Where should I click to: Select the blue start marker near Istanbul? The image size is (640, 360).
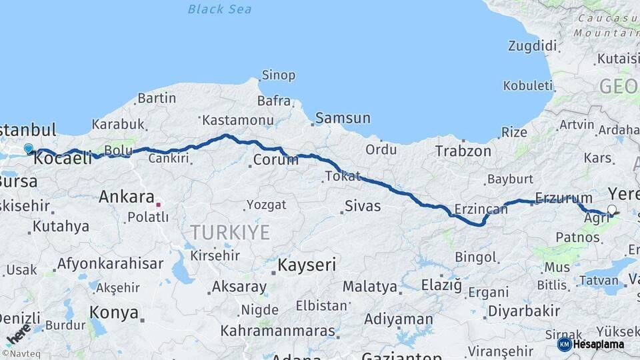tap(28, 148)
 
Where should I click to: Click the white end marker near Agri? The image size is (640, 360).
tap(612, 209)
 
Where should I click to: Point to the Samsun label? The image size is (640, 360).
tap(342, 118)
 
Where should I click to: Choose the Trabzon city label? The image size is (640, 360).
tap(463, 151)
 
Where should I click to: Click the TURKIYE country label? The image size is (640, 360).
tap(229, 232)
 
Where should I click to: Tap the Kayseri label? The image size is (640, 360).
tap(306, 265)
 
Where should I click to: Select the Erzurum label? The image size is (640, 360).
tap(563, 198)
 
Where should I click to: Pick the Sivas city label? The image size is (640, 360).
tap(363, 206)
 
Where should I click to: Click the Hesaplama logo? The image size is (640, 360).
tap(591, 344)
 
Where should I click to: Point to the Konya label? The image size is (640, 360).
tap(114, 313)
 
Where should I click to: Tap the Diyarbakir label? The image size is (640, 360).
tap(523, 311)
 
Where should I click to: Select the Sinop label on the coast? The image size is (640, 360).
tap(278, 75)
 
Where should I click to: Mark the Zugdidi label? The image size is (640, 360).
tap(532, 46)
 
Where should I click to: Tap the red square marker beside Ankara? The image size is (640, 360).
tap(159, 197)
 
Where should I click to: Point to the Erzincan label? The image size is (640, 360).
tap(481, 209)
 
